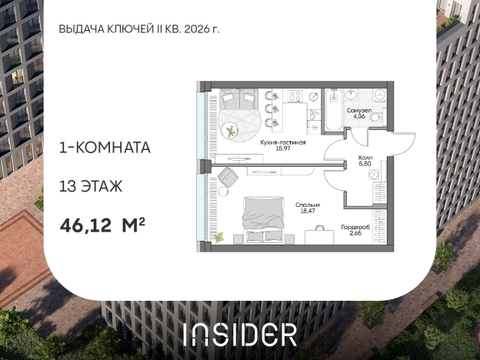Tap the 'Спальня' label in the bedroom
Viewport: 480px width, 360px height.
point(308,205)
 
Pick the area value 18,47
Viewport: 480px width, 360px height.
point(308,212)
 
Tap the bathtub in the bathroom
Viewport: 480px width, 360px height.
point(333,110)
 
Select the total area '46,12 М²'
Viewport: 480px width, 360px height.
point(102,225)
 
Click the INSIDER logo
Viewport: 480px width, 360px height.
point(240,334)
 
